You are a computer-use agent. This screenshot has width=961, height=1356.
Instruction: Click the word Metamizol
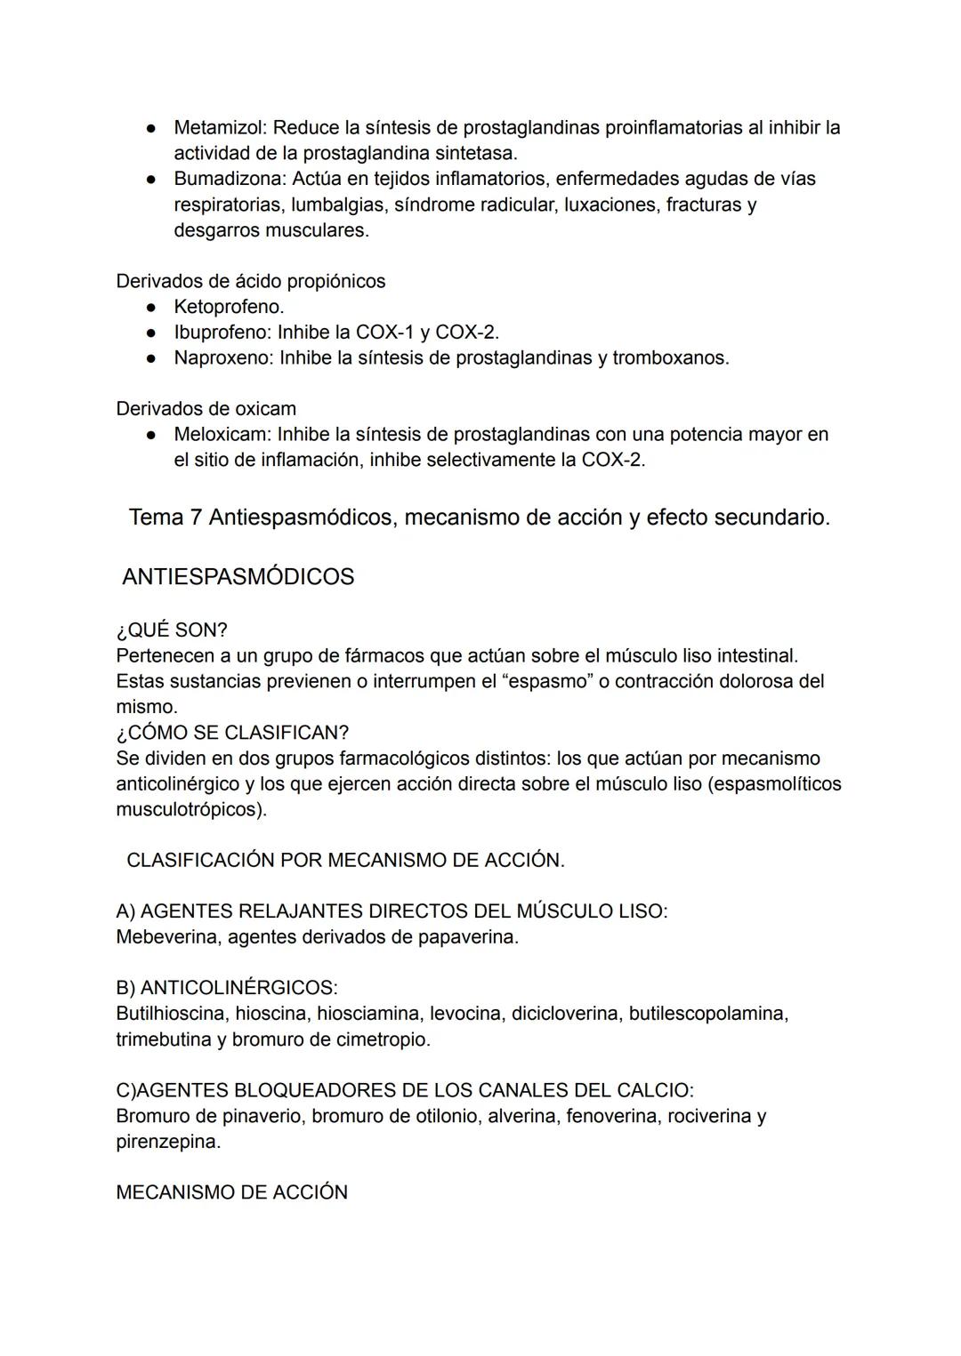coord(219,128)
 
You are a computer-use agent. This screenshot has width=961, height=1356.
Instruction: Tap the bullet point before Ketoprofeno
coord(153,307)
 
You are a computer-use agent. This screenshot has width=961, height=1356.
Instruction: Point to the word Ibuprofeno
coord(222,333)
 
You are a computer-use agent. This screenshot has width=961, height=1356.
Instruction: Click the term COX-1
coord(384,333)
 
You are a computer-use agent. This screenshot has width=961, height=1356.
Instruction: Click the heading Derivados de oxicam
coord(206,409)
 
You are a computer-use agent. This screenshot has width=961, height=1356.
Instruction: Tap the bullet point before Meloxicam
coord(153,435)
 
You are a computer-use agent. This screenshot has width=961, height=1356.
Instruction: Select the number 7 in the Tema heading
coord(196,518)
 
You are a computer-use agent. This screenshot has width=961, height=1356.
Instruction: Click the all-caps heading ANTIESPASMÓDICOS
coord(238,577)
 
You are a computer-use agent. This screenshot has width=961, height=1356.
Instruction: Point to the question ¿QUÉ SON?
coord(172,630)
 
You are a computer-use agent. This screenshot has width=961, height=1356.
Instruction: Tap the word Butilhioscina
coord(171,1014)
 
